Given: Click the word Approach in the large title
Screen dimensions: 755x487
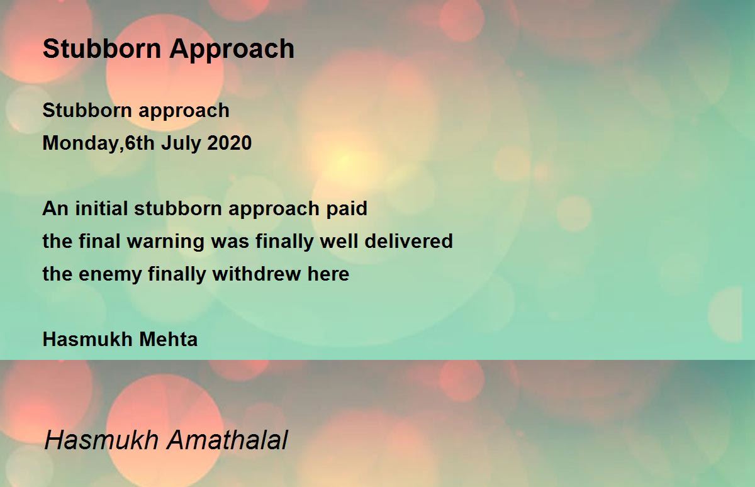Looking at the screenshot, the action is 232,50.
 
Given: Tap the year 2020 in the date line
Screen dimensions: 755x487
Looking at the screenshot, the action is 229,143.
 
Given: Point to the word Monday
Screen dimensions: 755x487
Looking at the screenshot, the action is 81,143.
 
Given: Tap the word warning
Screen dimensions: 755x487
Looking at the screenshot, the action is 165,242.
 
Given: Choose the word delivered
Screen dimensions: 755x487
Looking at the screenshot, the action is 408,241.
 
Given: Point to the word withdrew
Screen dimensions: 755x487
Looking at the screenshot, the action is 257,274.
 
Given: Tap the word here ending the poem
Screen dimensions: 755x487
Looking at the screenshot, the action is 328,274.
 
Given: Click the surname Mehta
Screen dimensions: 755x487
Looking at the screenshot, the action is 168,339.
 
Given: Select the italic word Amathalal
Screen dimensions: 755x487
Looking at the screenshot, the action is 228,440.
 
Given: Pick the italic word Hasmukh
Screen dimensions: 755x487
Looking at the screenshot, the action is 101,440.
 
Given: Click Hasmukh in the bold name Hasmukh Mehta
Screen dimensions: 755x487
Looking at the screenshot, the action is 87,339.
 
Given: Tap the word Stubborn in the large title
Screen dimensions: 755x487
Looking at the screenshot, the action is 102,49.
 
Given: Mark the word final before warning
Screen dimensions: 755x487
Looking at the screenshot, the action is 99,241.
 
